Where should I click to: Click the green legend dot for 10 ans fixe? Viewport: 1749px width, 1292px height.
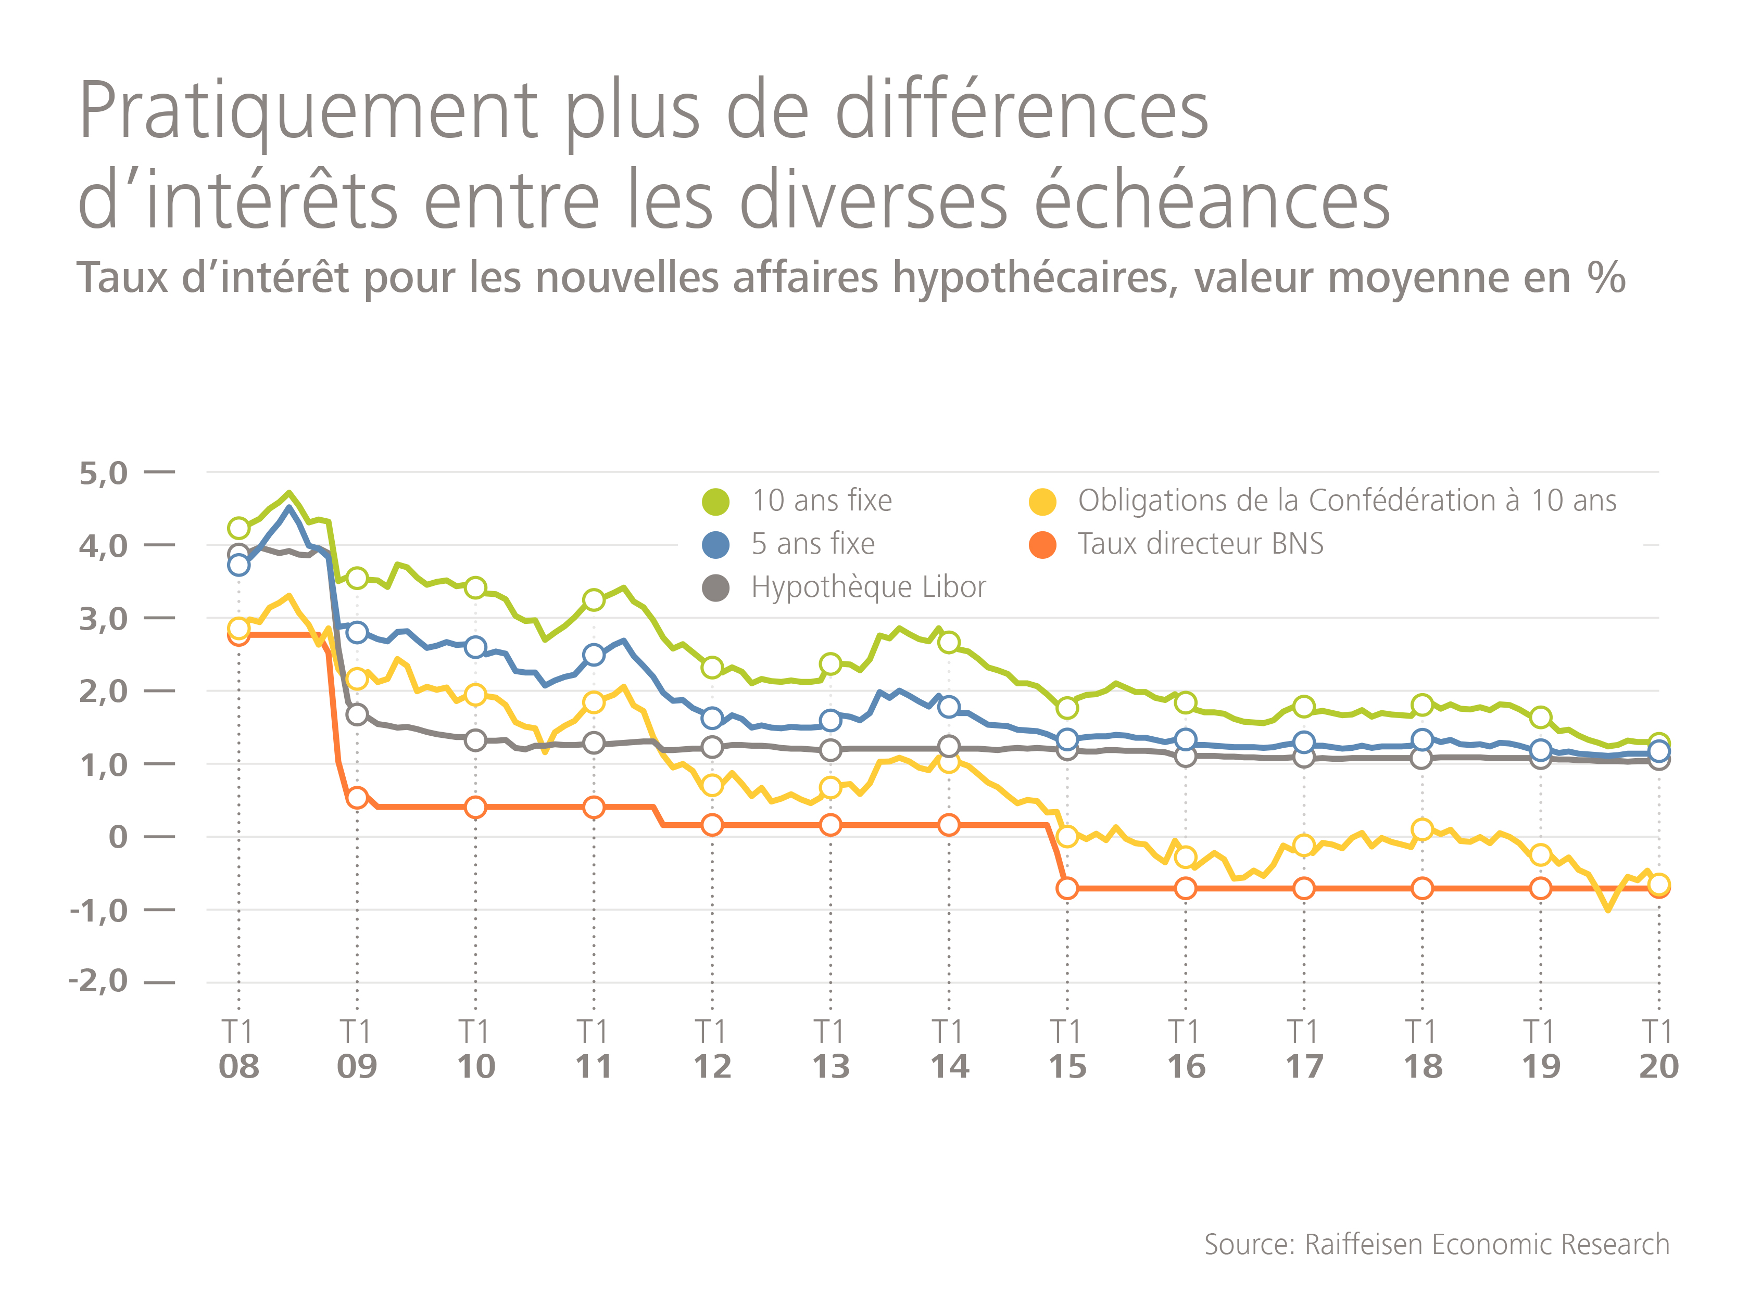click(x=715, y=501)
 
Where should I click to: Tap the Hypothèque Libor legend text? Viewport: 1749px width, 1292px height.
click(x=868, y=586)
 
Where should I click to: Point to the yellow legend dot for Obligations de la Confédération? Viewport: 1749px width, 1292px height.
click(x=1042, y=501)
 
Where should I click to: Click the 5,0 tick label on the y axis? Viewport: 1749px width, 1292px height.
click(x=103, y=473)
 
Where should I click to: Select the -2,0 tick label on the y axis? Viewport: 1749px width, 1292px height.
click(x=98, y=981)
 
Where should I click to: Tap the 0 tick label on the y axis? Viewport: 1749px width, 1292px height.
click(x=118, y=837)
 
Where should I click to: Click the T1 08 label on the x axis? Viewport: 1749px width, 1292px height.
click(x=238, y=1050)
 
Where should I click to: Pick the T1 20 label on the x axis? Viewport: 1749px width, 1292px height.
click(x=1658, y=1050)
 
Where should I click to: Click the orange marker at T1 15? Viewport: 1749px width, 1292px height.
click(x=1066, y=888)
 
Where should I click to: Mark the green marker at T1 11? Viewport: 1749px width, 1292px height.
click(x=594, y=600)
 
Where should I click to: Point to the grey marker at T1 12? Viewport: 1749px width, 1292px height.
click(x=712, y=747)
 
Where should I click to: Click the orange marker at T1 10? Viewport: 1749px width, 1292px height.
click(x=475, y=807)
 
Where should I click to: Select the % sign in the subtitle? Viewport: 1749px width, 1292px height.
click(x=1606, y=278)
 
